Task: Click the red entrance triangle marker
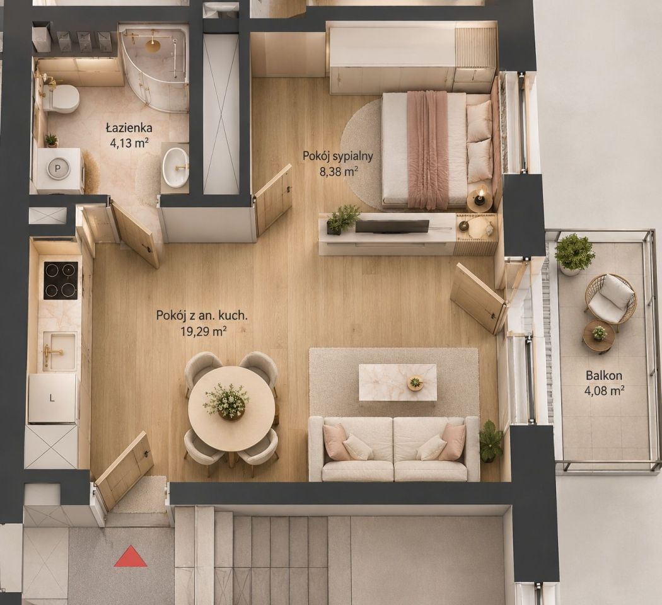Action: tap(131, 556)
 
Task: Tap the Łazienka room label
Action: tap(129, 127)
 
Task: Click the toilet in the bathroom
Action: tap(62, 99)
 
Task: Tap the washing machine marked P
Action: tap(59, 170)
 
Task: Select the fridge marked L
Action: tap(52, 399)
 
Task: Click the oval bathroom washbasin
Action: tap(176, 168)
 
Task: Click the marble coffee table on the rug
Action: tap(397, 383)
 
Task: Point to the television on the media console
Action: tap(392, 226)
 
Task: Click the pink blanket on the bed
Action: tap(428, 150)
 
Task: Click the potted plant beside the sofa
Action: tap(491, 441)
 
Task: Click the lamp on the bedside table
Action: tap(480, 199)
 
